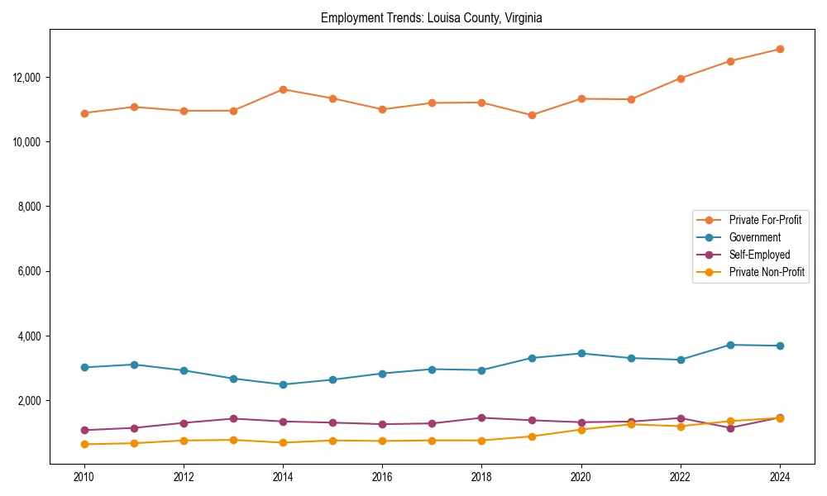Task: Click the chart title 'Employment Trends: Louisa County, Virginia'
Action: pos(432,18)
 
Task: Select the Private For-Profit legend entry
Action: pos(764,220)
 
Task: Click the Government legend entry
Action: pos(754,237)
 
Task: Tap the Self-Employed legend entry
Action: pos(759,255)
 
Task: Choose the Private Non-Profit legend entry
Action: pos(767,272)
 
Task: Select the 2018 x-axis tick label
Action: pos(481,477)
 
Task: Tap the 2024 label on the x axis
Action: pos(780,477)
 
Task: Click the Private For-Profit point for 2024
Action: pos(780,49)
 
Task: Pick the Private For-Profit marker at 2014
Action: pos(283,89)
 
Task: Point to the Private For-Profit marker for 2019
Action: pos(532,115)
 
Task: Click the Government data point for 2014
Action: pos(283,384)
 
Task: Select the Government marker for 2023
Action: pos(730,345)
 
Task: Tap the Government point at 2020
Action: pos(581,353)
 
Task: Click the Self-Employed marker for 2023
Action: pos(730,428)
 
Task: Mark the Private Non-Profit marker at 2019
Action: pos(532,436)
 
